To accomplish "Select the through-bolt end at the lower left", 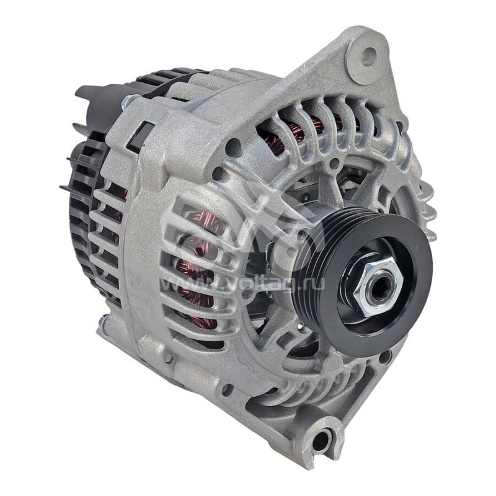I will tap(102, 322).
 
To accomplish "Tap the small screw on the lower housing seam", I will tap(168, 358).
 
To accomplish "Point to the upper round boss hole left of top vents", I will tap(234, 148).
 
